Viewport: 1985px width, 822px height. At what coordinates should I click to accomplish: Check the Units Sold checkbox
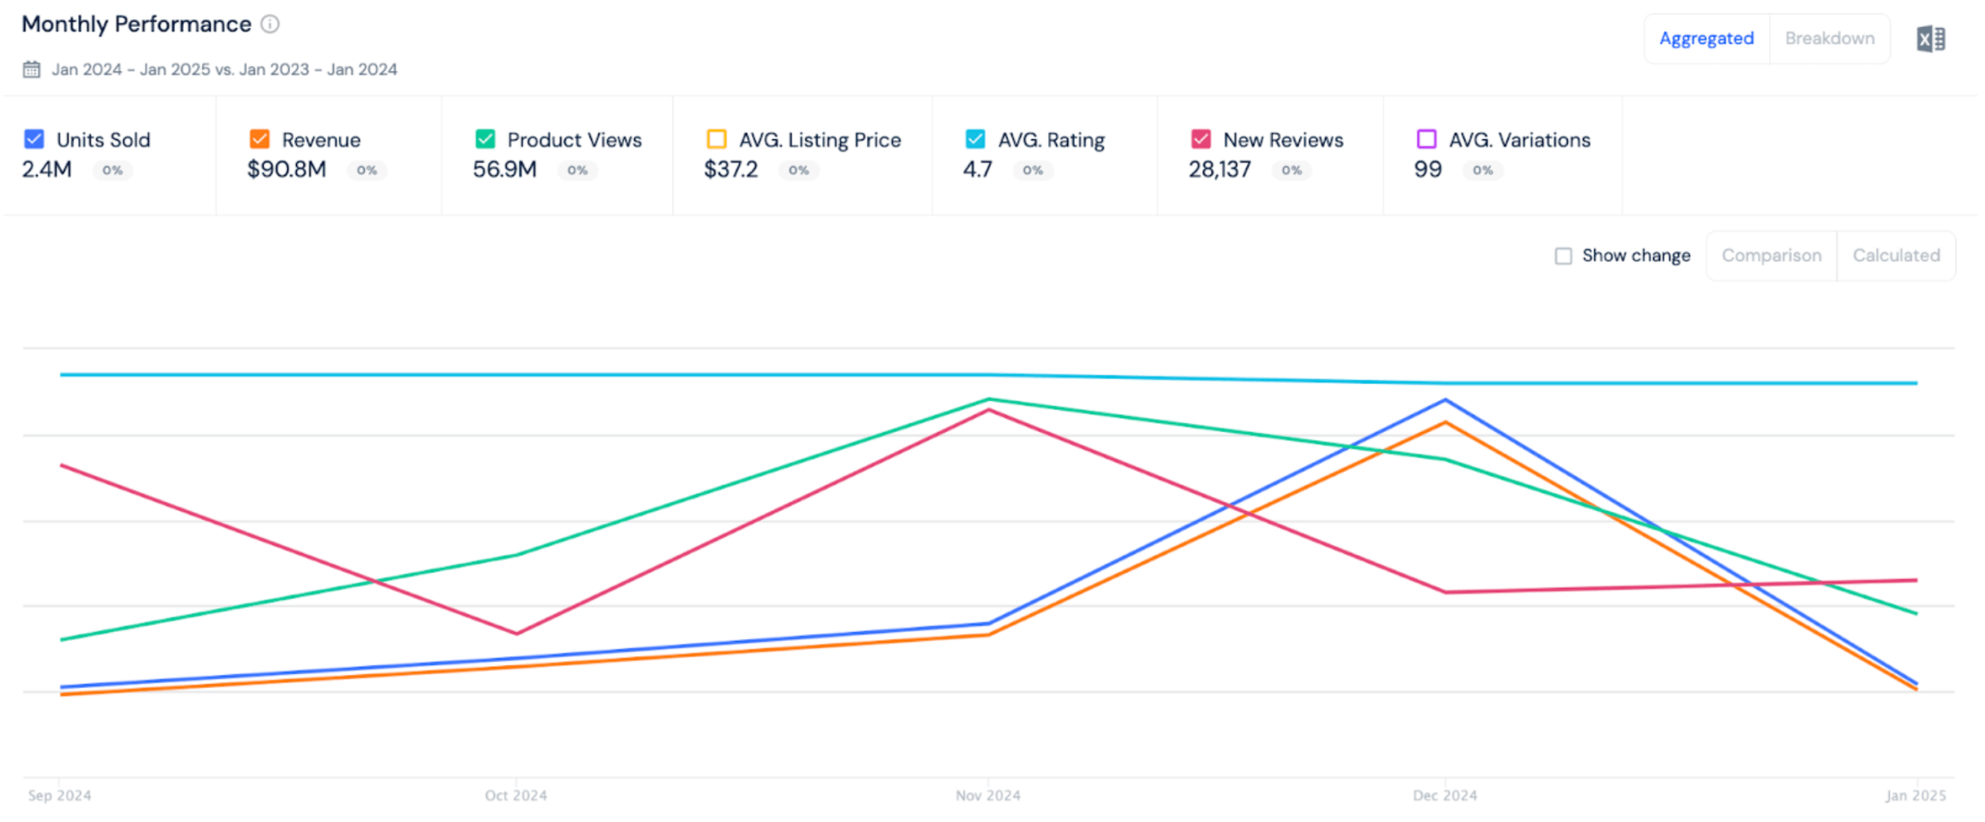[x=34, y=139]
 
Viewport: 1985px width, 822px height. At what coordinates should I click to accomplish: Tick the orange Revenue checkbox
[x=259, y=139]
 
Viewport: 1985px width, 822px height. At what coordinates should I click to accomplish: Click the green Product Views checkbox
[x=485, y=139]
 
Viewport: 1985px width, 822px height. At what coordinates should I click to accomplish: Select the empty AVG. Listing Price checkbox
[x=717, y=139]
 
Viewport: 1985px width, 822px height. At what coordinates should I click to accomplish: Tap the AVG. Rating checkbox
[x=975, y=139]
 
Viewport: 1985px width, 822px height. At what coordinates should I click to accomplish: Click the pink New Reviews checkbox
[x=1201, y=139]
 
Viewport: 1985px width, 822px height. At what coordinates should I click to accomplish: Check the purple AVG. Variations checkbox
[x=1426, y=139]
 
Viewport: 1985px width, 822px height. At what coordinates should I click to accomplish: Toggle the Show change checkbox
[x=1564, y=256]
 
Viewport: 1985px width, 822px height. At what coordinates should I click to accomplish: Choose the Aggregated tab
[x=1706, y=38]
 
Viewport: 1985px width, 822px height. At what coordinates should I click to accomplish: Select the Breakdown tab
[x=1829, y=38]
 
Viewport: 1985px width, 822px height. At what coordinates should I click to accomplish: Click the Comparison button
[x=1772, y=255]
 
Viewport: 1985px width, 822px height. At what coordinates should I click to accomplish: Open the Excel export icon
[x=1931, y=39]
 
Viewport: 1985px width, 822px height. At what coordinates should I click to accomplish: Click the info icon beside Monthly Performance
[x=270, y=24]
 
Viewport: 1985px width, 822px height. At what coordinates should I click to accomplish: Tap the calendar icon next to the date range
[x=32, y=70]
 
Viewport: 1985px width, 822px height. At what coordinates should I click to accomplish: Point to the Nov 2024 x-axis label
[x=988, y=795]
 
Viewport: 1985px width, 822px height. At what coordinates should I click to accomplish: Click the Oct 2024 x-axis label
[x=515, y=795]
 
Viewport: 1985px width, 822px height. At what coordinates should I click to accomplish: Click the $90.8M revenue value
[x=286, y=169]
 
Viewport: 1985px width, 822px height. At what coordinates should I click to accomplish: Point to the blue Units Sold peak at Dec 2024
[x=1445, y=400]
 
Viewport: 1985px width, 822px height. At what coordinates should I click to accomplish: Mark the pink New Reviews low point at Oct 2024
[x=516, y=633]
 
